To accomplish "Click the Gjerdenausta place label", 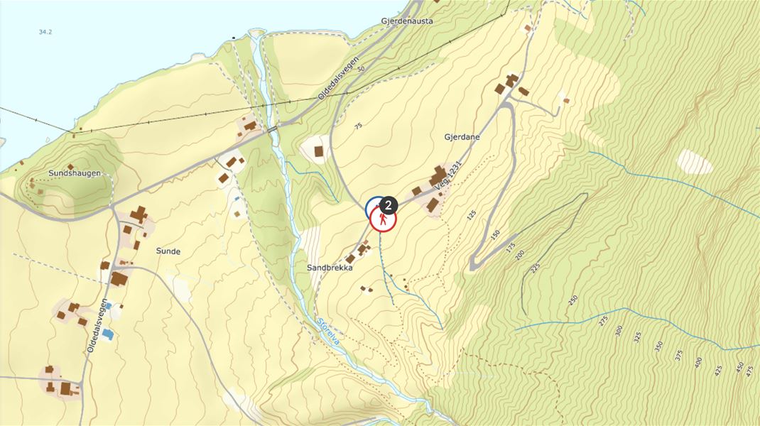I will pyautogui.click(x=406, y=21).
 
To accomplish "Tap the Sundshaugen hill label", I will pyautogui.click(x=75, y=173).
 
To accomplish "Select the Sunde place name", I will pyautogui.click(x=168, y=251).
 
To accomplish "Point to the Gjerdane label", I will pyautogui.click(x=462, y=137).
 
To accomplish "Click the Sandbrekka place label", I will pyautogui.click(x=330, y=268).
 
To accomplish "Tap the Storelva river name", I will pyautogui.click(x=329, y=332).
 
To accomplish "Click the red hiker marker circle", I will pyautogui.click(x=383, y=221).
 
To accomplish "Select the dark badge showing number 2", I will pyautogui.click(x=388, y=204).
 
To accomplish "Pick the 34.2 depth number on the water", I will pyautogui.click(x=45, y=32).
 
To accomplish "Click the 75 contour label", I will pyautogui.click(x=358, y=126).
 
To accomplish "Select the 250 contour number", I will pyautogui.click(x=573, y=300).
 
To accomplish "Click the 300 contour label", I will pyautogui.click(x=619, y=330).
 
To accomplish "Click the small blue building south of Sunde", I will pyautogui.click(x=107, y=333).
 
